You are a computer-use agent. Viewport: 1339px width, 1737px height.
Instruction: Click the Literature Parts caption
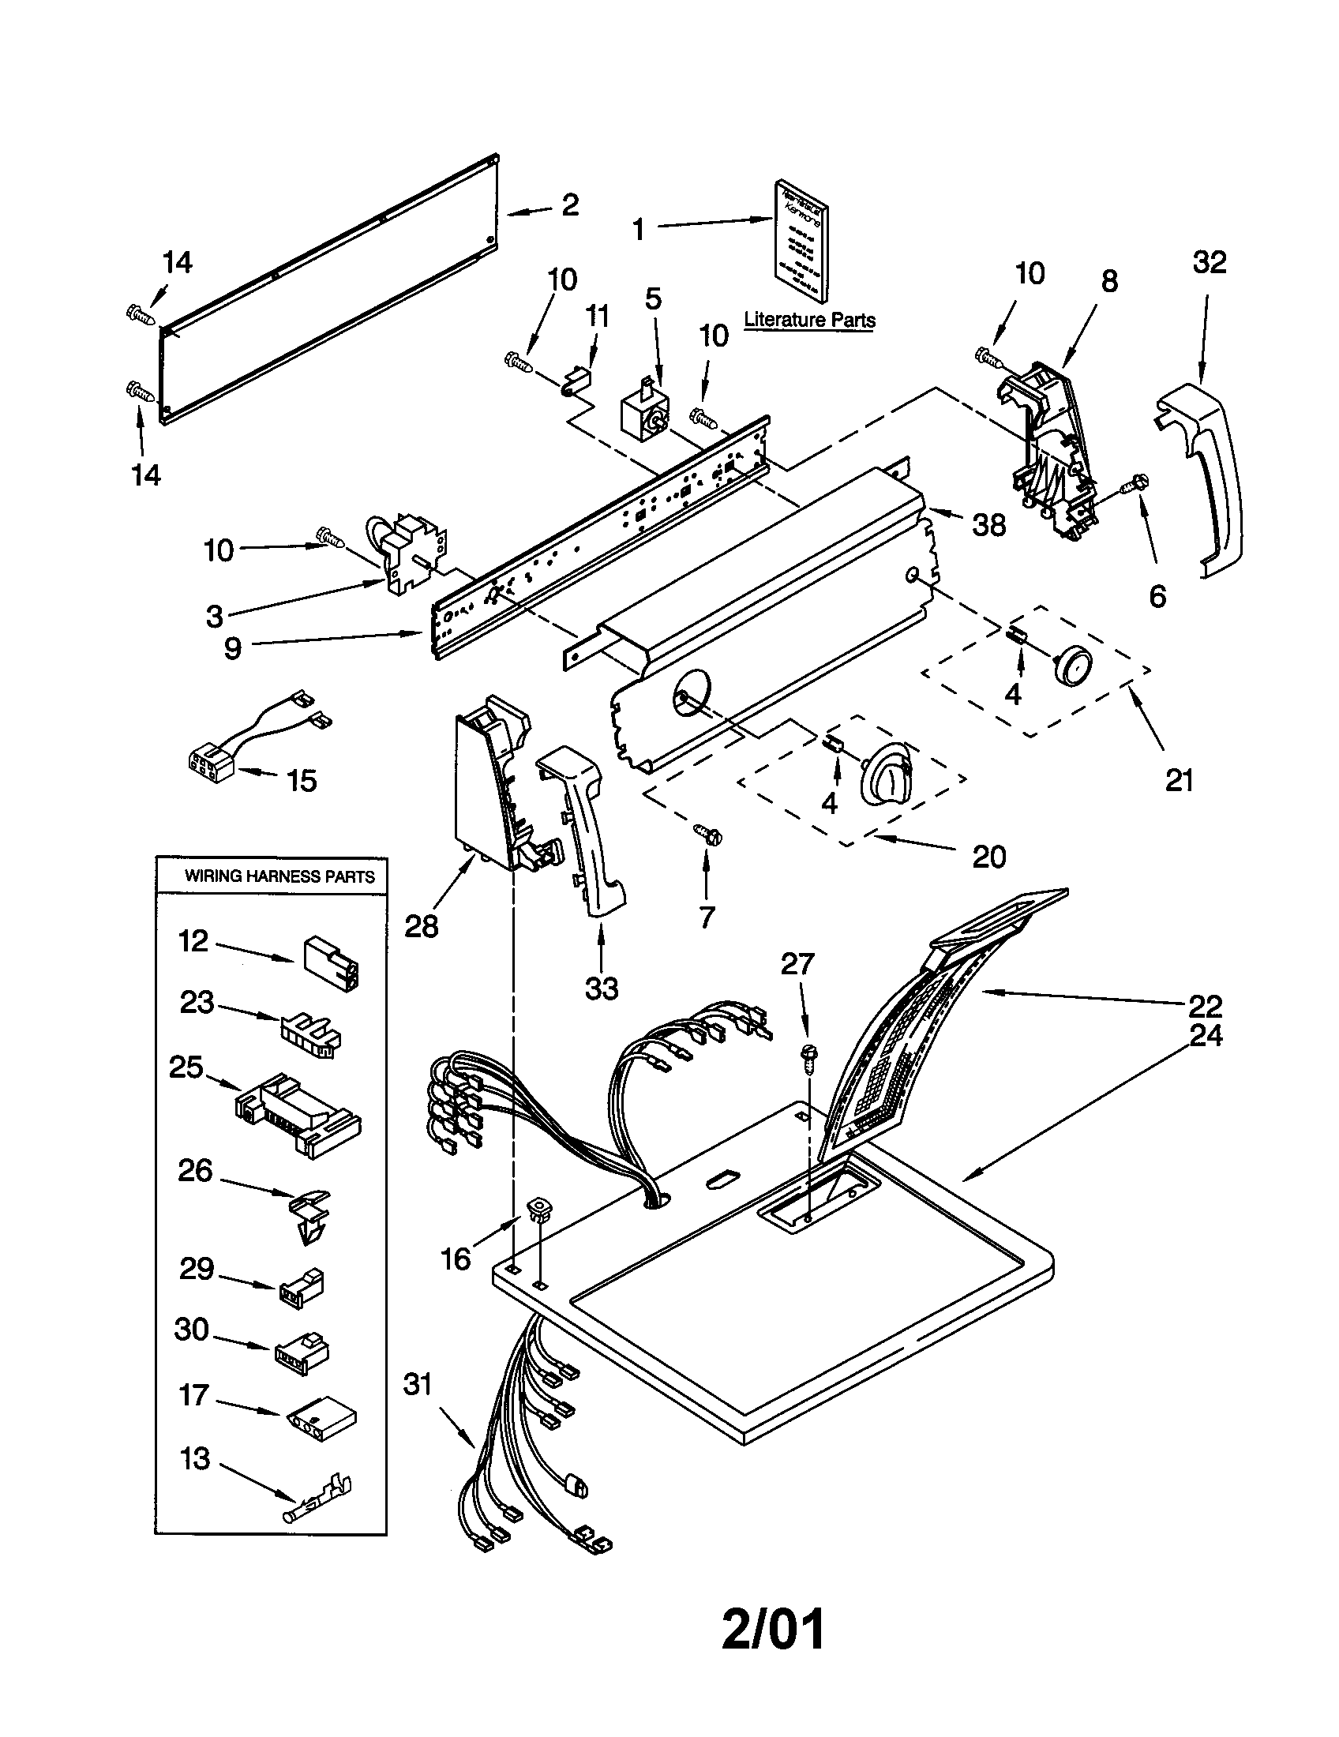point(808,320)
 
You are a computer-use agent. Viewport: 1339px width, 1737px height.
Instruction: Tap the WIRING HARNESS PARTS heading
point(279,876)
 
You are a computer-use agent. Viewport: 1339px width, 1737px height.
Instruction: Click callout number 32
point(1209,262)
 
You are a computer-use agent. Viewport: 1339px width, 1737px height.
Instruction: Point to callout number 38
point(988,525)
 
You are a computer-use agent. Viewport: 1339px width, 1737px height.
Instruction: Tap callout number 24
point(1205,1035)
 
